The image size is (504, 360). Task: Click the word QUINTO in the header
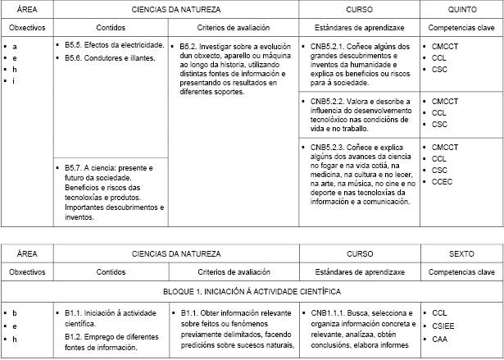click(461, 8)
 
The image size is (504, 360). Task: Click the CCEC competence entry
click(443, 181)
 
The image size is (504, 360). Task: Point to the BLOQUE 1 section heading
click(252, 291)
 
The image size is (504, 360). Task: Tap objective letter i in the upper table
click(14, 80)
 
